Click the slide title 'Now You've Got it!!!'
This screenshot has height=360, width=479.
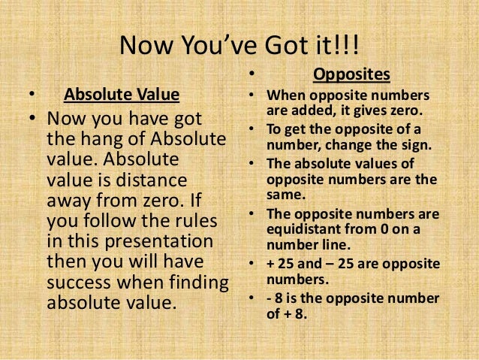pyautogui.click(x=239, y=49)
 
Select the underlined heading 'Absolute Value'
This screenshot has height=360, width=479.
pyautogui.click(x=122, y=95)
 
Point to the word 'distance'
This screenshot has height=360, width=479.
pyautogui.click(x=164, y=181)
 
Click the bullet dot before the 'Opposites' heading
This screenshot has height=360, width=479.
pyautogui.click(x=252, y=75)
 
